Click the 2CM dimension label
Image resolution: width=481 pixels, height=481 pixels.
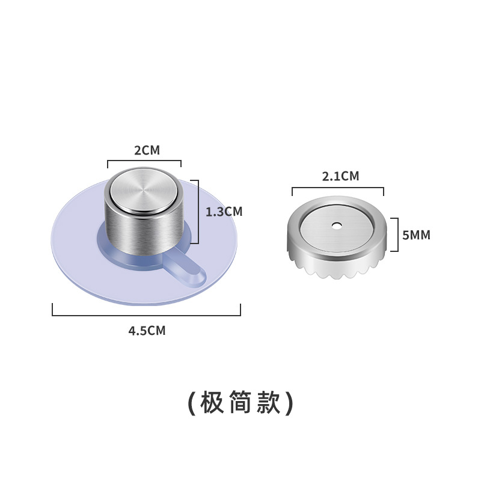pos(147,150)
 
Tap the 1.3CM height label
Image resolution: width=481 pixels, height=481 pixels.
pos(224,212)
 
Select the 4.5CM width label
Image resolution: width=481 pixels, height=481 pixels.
pos(147,331)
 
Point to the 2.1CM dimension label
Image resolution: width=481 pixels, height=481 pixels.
pos(340,177)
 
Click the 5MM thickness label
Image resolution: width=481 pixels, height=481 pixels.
pos(417,235)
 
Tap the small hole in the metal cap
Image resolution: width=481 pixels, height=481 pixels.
pos(337,227)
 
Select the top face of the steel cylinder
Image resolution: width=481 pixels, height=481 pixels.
pos(143,192)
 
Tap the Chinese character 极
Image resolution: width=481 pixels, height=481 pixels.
pos(212,403)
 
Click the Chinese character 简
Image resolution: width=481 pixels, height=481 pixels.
pos(240,403)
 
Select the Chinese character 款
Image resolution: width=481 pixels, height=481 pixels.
pos(268,403)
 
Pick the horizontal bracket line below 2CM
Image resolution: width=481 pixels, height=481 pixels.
pos(144,161)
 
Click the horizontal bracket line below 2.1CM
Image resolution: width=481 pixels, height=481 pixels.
pos(338,188)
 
